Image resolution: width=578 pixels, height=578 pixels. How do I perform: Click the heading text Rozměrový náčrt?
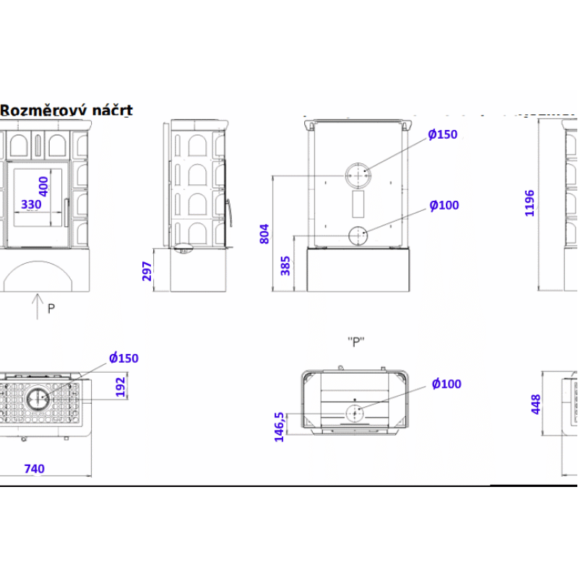(x=66, y=111)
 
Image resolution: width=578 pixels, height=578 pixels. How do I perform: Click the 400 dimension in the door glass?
(x=43, y=186)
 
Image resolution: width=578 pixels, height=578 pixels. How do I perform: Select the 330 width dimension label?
(x=31, y=204)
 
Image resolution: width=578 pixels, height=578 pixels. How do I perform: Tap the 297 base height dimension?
(x=147, y=271)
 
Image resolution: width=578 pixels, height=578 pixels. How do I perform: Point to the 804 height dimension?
(x=264, y=233)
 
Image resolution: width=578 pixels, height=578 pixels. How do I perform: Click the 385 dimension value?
(x=285, y=265)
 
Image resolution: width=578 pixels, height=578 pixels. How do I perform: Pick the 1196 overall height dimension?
(x=530, y=203)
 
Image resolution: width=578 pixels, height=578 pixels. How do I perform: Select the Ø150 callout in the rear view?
(x=442, y=134)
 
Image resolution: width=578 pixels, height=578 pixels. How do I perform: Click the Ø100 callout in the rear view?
(x=444, y=205)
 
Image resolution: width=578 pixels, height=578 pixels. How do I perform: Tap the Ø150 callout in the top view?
(x=124, y=358)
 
